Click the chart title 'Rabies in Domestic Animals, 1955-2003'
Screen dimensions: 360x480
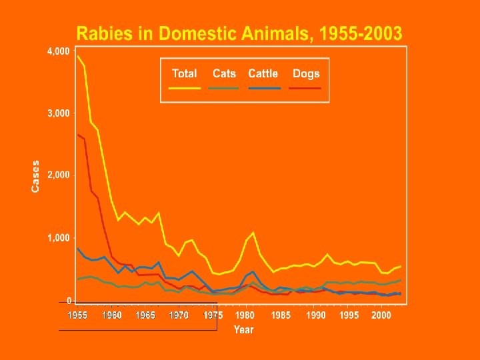tap(239, 33)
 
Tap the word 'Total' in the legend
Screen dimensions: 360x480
tap(184, 74)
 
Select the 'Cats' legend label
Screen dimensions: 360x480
tap(225, 74)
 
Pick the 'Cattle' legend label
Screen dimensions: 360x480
tap(263, 74)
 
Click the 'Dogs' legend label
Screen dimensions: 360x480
tap(306, 74)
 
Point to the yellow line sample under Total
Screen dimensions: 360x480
tap(184, 87)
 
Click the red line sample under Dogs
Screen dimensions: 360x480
tap(306, 87)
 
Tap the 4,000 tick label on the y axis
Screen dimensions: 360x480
tap(58, 51)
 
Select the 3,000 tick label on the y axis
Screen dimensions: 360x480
tap(58, 113)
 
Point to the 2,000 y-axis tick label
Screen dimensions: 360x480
tap(58, 175)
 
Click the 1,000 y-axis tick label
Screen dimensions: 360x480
tap(58, 238)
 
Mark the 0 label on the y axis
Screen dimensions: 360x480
tap(69, 301)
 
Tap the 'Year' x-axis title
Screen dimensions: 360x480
tap(243, 329)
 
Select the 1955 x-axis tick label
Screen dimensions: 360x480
tap(77, 315)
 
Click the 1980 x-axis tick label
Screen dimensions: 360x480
tap(245, 315)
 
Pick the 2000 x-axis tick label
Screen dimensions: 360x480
tap(381, 315)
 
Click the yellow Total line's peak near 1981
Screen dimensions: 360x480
tap(253, 233)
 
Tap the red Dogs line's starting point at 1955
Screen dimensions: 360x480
tap(77, 135)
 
